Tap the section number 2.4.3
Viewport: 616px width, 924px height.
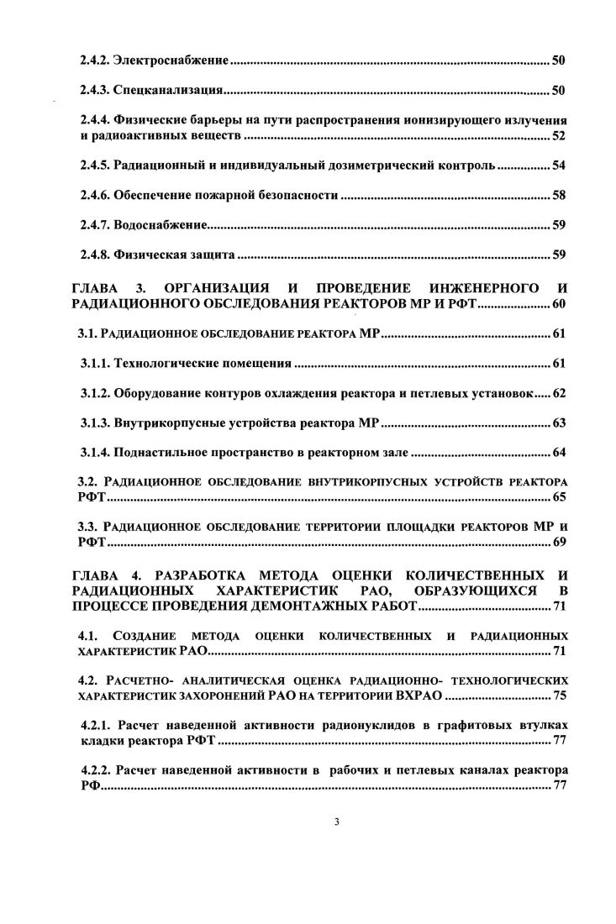click(95, 90)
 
